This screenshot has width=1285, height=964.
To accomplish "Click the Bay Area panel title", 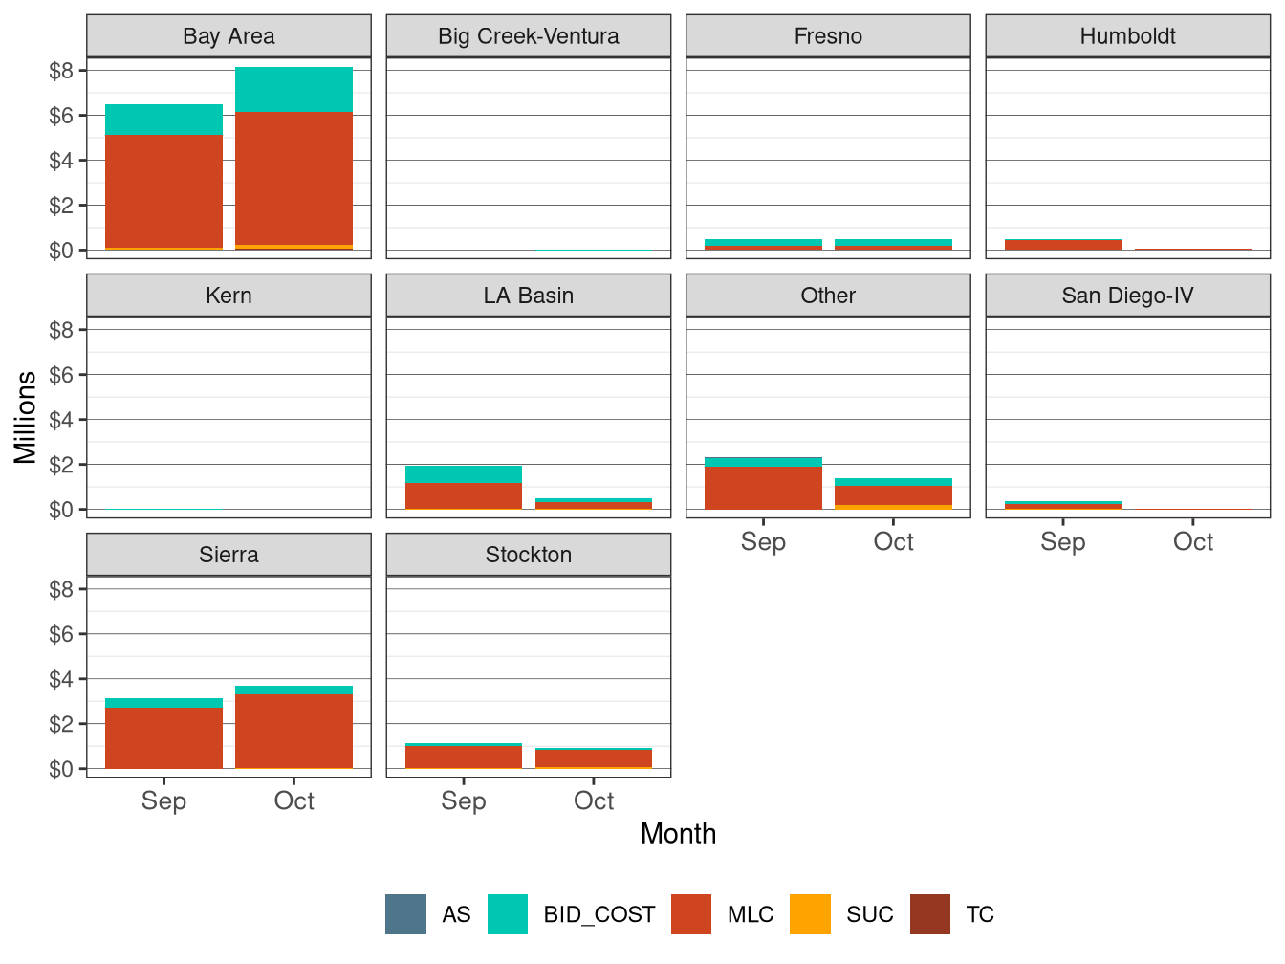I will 229,36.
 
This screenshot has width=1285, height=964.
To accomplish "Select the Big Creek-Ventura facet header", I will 528,36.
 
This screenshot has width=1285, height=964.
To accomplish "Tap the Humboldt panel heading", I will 1127,36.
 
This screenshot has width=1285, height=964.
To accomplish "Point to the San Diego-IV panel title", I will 1127,296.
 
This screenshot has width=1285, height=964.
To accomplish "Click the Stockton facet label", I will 528,555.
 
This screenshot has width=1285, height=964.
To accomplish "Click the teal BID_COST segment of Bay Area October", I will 294,90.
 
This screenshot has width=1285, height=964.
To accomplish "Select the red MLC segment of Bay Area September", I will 163,191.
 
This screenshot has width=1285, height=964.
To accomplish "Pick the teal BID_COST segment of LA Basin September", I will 464,474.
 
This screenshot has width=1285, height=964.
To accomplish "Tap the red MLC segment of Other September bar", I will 763,488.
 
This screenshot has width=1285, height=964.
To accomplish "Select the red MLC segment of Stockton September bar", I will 464,756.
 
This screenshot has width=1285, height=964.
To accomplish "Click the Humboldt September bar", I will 1062,245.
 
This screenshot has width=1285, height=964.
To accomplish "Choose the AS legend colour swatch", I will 405,914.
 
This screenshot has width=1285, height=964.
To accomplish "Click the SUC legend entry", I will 869,914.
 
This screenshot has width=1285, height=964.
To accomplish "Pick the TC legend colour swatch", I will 929,914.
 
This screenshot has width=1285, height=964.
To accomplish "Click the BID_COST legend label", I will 599,914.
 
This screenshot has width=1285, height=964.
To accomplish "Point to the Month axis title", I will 678,834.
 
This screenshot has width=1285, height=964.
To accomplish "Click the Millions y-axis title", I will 26,417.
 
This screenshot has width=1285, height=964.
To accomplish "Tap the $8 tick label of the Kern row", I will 61,330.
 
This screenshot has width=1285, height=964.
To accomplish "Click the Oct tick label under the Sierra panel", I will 294,801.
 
